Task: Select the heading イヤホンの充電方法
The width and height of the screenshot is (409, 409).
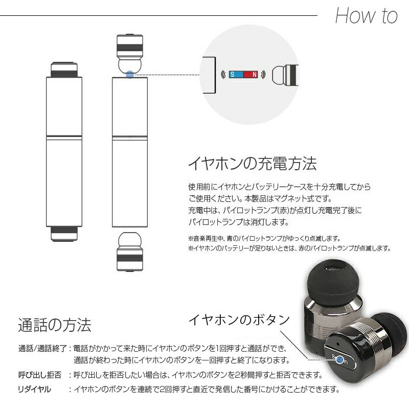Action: point(252,164)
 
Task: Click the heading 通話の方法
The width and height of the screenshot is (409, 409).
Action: point(54,325)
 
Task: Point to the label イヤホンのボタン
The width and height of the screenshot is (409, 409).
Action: point(239,320)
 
